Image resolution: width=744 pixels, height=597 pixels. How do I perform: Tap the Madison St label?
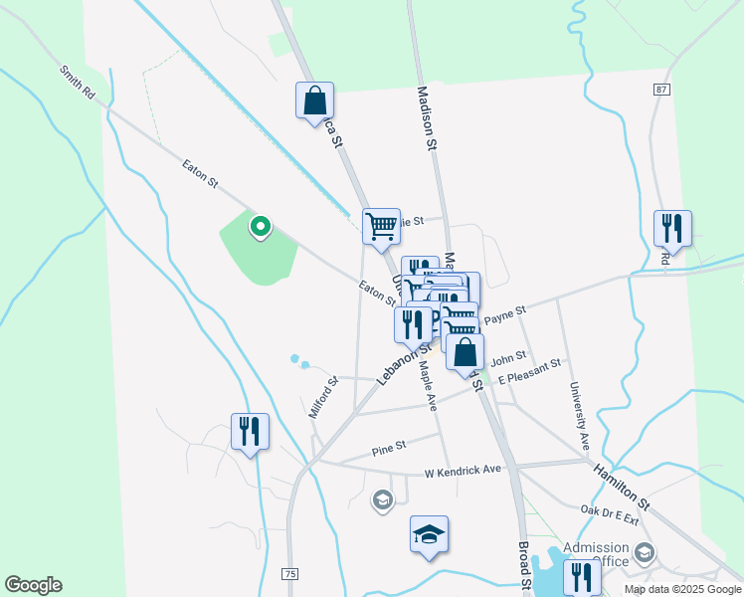point(429,117)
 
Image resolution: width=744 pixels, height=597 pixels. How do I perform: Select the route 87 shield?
point(662,90)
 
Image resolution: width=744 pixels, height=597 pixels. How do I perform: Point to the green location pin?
point(260,227)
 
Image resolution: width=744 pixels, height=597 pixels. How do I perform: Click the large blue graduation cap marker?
point(429,535)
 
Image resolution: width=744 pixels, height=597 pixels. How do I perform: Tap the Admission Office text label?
point(596,554)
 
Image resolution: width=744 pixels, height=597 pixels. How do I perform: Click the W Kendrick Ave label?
point(463,470)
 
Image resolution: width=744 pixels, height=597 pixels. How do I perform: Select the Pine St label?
point(389,449)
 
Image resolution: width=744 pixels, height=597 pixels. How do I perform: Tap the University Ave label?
point(578,413)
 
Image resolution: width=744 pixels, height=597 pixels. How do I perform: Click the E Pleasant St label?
point(530,371)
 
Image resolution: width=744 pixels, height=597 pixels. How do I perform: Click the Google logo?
point(33,585)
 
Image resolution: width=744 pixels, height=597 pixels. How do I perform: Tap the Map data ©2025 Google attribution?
point(682,589)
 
